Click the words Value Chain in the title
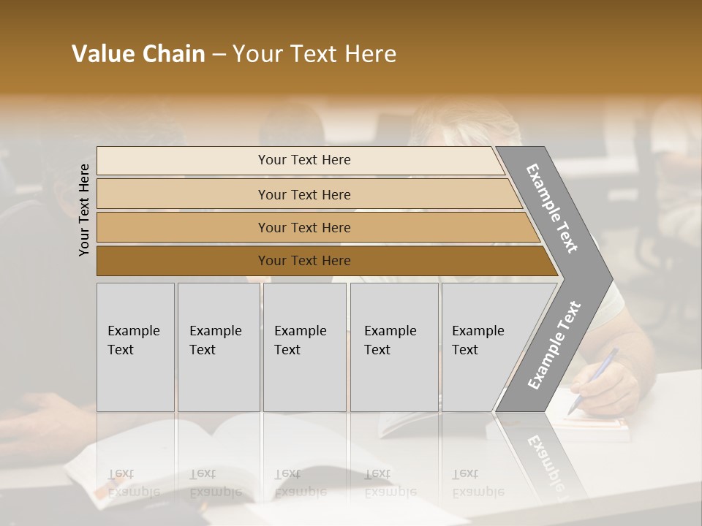(138, 54)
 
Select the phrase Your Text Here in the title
(314, 54)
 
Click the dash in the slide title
(219, 55)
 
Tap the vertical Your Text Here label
(84, 210)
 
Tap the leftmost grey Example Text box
(135, 347)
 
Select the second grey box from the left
(219, 347)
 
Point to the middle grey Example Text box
(304, 347)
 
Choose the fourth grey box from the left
(394, 347)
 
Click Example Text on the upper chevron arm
(552, 208)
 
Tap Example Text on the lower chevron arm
(554, 346)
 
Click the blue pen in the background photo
(594, 380)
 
